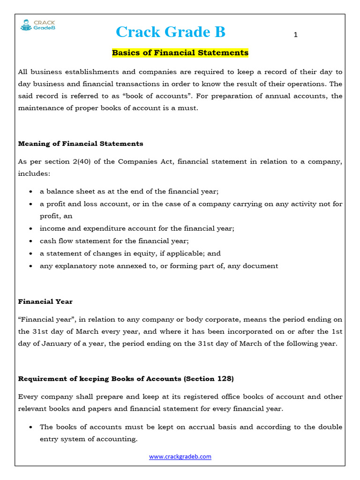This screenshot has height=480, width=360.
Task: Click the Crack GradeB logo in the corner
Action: coord(37,25)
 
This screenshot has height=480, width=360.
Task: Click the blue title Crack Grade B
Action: coord(170,32)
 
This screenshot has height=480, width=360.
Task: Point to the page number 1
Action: coord(296,35)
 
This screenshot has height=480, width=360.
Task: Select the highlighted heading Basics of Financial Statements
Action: coord(180,53)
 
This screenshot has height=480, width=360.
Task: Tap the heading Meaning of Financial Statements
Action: coord(81,143)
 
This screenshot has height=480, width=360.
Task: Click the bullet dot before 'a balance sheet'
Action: coord(30,192)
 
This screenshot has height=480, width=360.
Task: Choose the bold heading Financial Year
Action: coord(45,301)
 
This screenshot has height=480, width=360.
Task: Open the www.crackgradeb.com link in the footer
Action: coord(180,457)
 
